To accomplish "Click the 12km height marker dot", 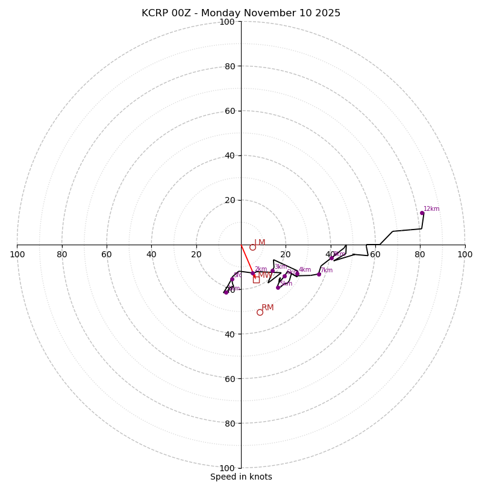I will (422, 213).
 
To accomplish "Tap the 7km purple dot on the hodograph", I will (319, 274).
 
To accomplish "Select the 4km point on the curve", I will (297, 274).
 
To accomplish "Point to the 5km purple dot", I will (278, 287).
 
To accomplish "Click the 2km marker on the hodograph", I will (253, 274).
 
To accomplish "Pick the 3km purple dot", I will (272, 271).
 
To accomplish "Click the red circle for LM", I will (252, 247).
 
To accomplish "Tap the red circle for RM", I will (260, 312).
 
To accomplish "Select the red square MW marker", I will (256, 280).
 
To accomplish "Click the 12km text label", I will (431, 209).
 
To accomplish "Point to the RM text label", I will (268, 308).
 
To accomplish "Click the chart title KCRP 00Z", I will (241, 13).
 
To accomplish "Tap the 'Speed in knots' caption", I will (241, 477).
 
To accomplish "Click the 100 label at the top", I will (227, 22).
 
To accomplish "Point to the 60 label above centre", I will (230, 111).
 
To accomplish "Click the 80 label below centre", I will (230, 423).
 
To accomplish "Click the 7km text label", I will (327, 271).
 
